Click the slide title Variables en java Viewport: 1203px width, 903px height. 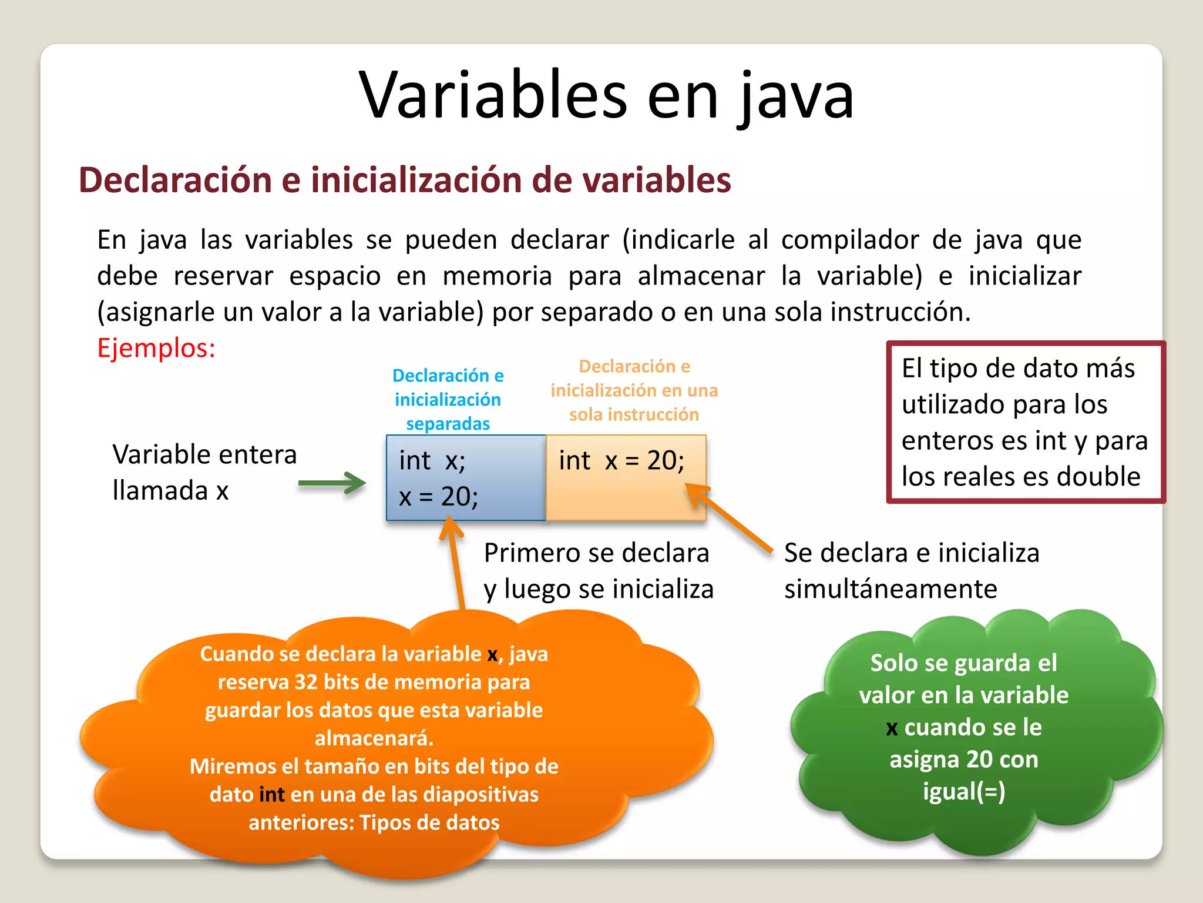click(606, 95)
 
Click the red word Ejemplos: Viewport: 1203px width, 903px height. click(156, 348)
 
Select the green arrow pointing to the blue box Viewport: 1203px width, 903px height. click(332, 483)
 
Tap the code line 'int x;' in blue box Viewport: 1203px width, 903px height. click(432, 460)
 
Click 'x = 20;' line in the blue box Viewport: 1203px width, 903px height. click(438, 497)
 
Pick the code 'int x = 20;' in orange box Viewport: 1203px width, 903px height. click(621, 460)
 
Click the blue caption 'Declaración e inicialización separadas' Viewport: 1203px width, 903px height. click(448, 399)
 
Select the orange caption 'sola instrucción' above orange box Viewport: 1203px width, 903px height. click(634, 414)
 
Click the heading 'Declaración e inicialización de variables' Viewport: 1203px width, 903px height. click(405, 180)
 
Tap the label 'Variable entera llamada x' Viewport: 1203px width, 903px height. click(204, 472)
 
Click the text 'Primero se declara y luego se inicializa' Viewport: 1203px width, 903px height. click(598, 570)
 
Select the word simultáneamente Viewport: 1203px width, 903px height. click(891, 589)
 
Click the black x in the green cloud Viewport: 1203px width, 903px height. click(892, 728)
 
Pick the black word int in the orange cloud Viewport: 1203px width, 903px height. click(272, 795)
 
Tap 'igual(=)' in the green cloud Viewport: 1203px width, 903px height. click(964, 791)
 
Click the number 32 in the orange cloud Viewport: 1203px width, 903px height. click(306, 682)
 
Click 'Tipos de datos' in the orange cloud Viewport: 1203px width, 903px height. click(429, 822)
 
